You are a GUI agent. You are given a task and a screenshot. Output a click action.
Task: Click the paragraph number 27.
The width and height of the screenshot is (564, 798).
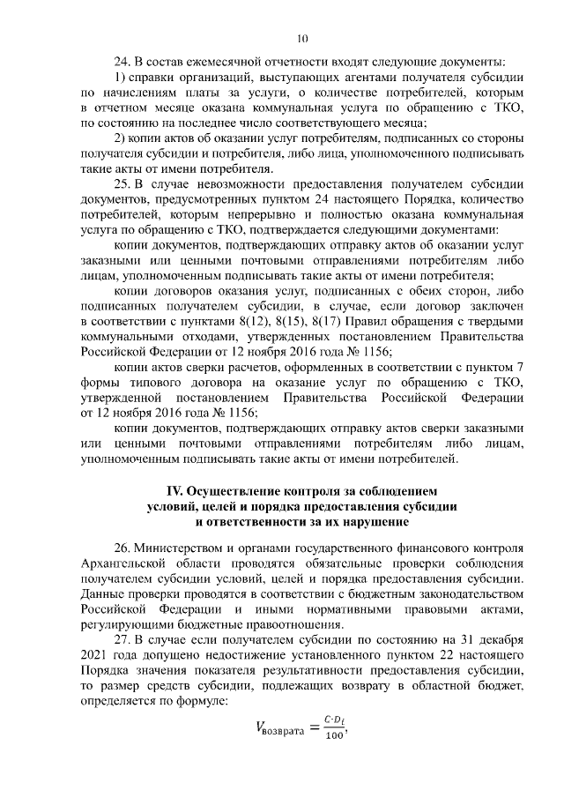pos(123,638)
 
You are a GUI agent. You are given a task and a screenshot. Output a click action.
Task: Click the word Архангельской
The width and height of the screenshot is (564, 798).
pos(127,562)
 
